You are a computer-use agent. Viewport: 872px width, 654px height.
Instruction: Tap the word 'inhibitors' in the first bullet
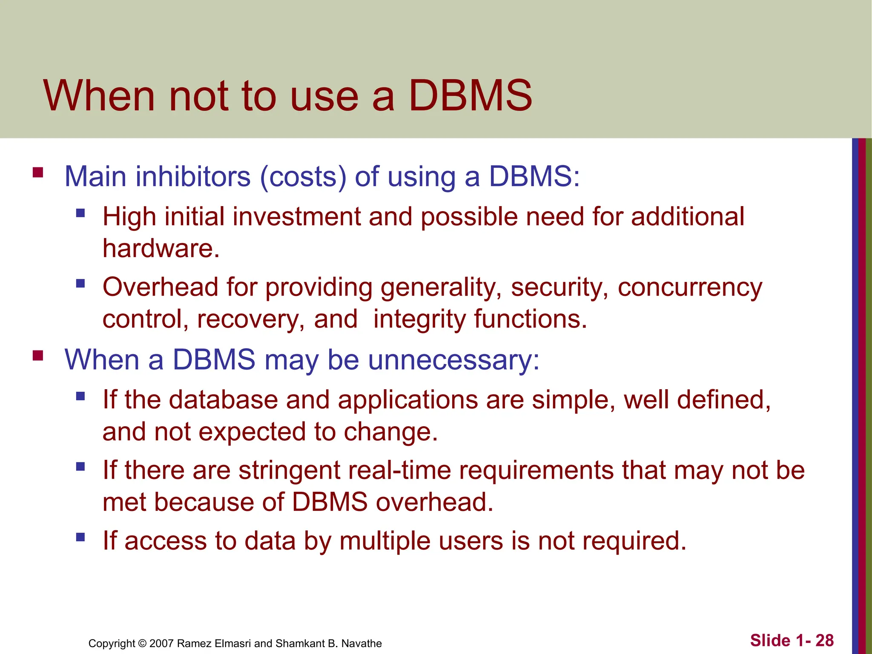point(193,176)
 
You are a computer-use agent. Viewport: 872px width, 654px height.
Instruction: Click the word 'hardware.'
point(161,248)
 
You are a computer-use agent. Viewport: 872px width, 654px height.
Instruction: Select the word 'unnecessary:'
point(454,360)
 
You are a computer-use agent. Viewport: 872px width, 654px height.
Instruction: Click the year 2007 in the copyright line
point(162,643)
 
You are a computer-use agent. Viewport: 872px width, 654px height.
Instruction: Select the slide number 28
point(824,640)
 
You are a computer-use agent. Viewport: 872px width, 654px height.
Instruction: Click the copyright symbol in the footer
point(143,643)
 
